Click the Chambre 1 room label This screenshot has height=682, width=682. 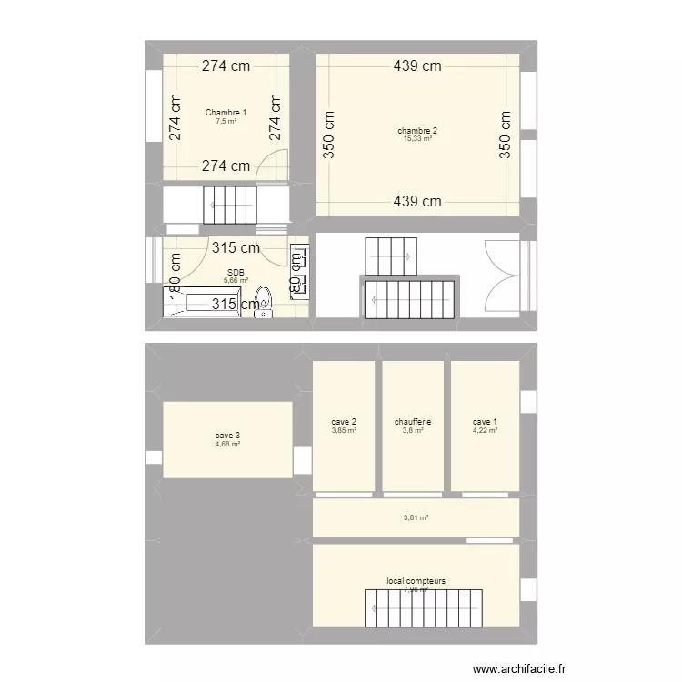[226, 113]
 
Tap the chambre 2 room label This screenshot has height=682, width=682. [417, 131]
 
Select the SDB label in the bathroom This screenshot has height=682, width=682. [236, 272]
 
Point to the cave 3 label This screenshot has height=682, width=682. [227, 436]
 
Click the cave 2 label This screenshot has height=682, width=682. [344, 422]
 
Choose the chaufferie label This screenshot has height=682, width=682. [413, 422]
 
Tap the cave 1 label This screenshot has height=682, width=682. [485, 422]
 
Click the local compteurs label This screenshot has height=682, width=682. [416, 580]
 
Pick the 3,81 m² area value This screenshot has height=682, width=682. [416, 518]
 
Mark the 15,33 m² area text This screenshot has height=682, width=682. [417, 139]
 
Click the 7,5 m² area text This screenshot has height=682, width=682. [226, 121]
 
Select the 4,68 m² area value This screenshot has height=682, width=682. [227, 444]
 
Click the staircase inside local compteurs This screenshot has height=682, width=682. [422, 607]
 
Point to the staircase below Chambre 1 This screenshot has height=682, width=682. [230, 204]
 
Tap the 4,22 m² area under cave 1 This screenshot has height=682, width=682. [485, 430]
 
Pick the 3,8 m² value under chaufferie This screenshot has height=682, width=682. [413, 430]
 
